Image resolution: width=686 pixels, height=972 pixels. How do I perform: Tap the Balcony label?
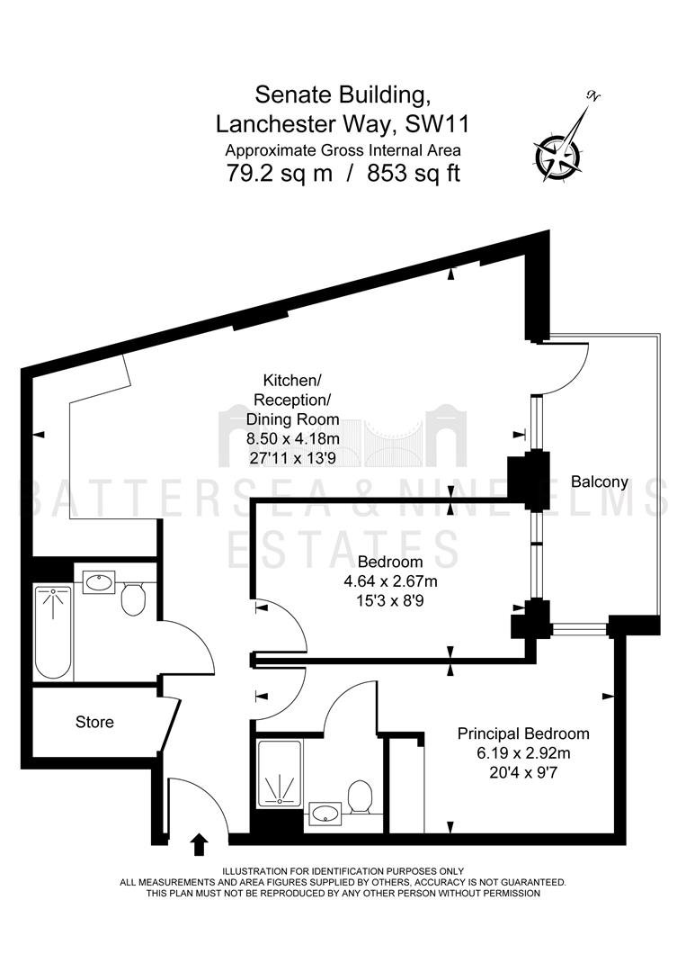600,481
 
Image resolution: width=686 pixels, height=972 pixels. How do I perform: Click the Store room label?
94,722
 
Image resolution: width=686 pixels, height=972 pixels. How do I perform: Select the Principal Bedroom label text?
523,734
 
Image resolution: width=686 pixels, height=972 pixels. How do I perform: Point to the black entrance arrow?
199,844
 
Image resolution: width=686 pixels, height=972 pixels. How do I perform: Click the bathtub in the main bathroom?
53,632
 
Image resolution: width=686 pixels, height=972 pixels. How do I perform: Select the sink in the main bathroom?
98,582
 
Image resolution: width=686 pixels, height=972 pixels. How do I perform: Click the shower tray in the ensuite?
280,773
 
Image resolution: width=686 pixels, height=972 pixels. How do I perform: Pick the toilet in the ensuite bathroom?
360,796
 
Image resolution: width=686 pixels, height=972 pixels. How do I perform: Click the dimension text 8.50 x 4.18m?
293,439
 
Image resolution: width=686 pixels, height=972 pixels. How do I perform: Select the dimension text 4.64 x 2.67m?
391,581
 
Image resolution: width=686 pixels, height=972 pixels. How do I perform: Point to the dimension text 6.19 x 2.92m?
523,754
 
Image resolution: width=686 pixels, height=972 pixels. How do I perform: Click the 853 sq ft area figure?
414,173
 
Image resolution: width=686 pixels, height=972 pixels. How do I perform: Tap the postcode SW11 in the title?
437,124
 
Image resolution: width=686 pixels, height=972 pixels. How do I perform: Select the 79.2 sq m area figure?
280,173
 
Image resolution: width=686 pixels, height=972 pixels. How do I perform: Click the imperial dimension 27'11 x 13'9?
293,459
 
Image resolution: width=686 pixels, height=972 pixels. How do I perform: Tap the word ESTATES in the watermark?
343,549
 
